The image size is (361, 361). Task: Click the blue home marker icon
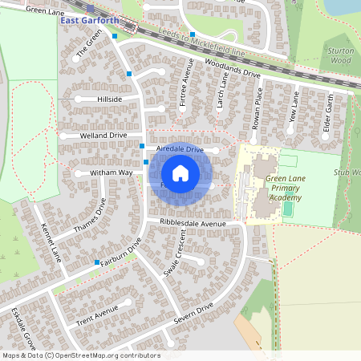180,173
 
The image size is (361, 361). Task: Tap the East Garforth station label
89,20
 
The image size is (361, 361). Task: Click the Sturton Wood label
340,55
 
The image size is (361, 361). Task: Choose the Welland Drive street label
103,136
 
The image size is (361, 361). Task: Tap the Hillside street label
108,99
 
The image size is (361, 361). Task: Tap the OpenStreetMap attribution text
80,355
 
